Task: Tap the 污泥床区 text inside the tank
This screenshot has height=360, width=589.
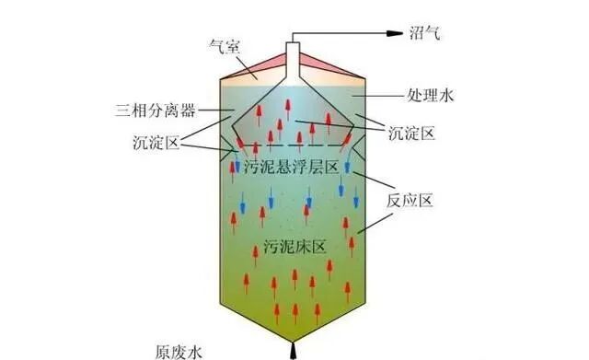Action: (294, 246)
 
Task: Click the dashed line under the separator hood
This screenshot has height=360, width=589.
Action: (293, 145)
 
